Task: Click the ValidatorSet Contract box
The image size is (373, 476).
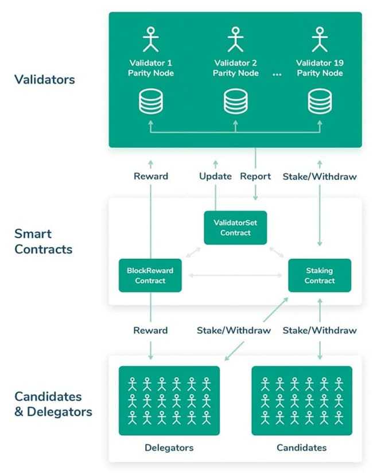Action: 235,228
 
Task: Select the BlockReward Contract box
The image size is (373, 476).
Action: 150,275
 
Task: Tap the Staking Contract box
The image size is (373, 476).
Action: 320,275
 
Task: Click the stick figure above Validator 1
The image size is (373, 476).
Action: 151,39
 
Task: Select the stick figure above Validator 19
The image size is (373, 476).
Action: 320,39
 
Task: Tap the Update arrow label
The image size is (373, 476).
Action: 215,176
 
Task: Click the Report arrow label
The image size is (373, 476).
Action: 255,176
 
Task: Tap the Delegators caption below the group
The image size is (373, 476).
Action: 169,447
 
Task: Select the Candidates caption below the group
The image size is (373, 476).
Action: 302,447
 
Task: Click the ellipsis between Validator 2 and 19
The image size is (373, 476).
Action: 277,75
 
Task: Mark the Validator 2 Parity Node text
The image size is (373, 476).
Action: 235,68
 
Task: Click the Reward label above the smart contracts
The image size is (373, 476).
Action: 150,176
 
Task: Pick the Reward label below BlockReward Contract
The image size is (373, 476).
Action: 150,330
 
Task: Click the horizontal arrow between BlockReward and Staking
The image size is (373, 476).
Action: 235,276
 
